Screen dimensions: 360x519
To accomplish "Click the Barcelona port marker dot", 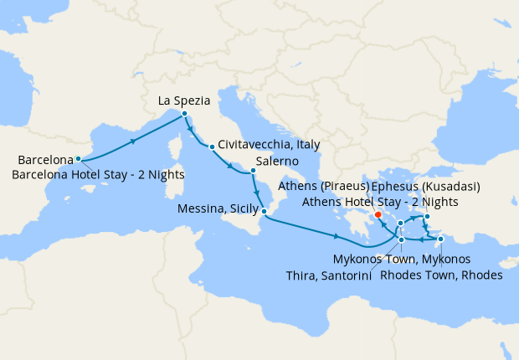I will click(78, 158).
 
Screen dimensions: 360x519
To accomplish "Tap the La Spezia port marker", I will click(184, 114).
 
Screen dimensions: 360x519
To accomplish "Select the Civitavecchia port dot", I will click(212, 147).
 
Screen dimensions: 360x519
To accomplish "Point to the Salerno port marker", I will click(253, 172).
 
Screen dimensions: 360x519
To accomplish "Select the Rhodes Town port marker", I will click(440, 239).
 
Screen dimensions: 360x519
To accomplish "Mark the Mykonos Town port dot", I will click(401, 223).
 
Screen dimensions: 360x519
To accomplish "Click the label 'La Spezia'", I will click(183, 100).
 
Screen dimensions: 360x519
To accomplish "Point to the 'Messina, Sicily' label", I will click(217, 211).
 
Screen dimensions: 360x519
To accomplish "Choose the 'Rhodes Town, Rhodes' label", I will click(440, 275).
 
